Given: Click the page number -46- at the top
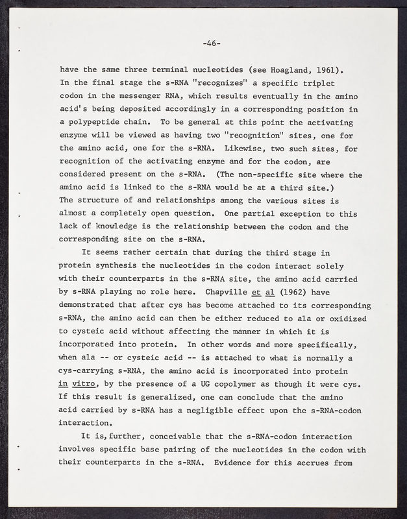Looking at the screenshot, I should tap(212, 43).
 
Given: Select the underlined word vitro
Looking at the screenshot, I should tap(88, 384).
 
